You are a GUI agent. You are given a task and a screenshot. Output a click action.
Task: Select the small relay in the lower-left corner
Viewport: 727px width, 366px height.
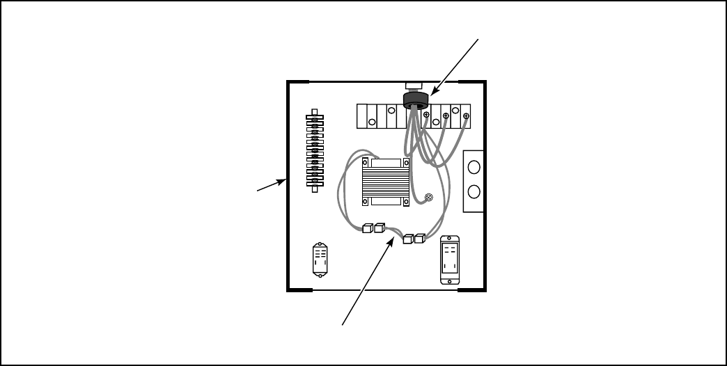click(x=321, y=258)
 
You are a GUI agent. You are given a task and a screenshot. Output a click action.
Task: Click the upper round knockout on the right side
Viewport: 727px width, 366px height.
click(x=474, y=167)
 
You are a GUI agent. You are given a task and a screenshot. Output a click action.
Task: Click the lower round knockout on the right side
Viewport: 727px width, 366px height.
click(x=474, y=191)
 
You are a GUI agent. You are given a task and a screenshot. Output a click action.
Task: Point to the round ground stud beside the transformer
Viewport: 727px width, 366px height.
click(x=429, y=198)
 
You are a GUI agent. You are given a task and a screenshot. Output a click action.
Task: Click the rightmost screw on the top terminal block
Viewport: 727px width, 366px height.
click(x=466, y=116)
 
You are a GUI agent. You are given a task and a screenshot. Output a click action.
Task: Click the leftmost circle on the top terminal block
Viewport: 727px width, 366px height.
click(x=373, y=123)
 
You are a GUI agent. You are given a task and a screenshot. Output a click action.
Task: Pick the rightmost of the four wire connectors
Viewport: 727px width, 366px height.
click(x=419, y=239)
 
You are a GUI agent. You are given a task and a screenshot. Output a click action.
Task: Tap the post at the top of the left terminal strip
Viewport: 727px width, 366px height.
click(x=315, y=112)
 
